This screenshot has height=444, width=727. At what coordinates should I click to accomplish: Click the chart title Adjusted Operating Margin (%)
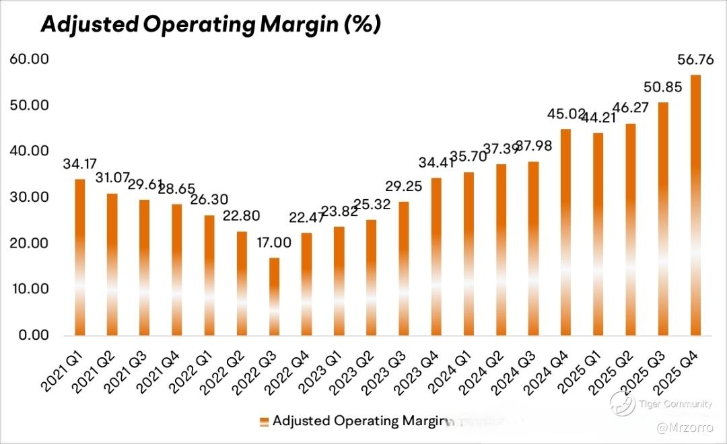point(211,25)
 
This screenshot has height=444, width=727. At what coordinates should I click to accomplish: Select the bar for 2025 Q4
point(696,205)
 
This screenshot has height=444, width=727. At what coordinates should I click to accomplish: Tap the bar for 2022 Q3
point(274,296)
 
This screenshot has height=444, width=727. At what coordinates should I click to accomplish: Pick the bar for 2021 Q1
point(80,257)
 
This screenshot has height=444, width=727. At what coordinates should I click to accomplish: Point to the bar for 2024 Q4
point(566,232)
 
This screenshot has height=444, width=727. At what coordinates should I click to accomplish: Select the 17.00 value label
point(274,243)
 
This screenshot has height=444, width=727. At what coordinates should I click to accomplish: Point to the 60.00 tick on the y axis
point(29,59)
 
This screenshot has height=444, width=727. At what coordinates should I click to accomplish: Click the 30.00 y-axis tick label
point(29,197)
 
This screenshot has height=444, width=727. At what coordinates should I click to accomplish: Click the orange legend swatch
point(264,422)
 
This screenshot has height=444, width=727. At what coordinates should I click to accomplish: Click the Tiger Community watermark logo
point(623,404)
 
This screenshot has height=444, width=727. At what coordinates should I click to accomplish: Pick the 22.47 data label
point(306,218)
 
